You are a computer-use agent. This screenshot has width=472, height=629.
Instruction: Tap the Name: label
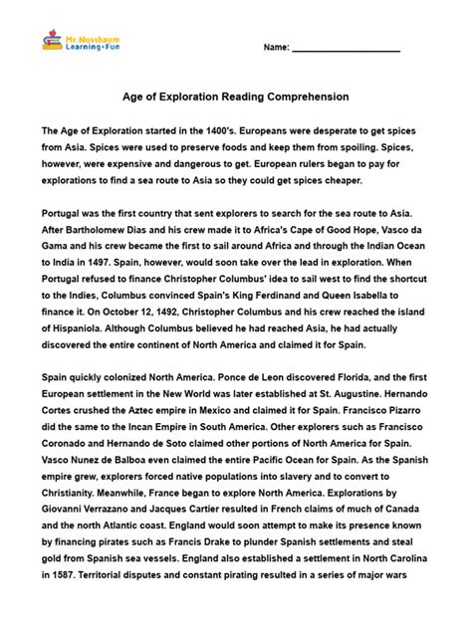[276, 48]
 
